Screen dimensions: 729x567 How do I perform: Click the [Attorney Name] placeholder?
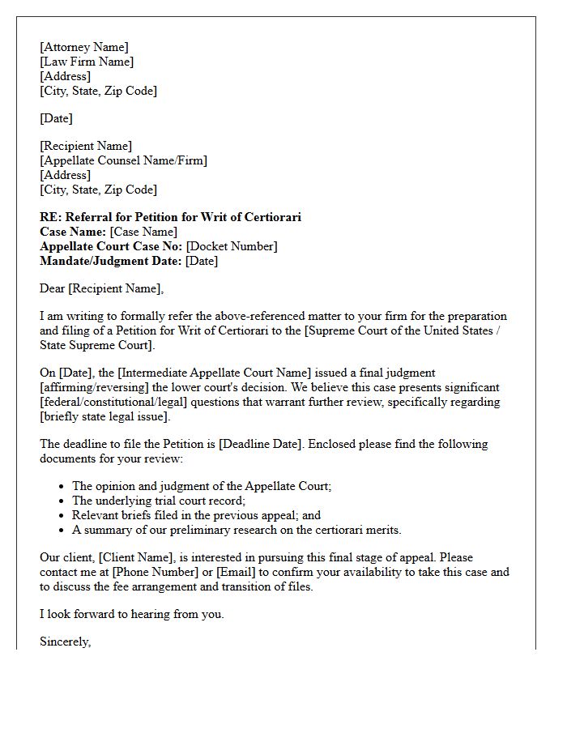coord(83,47)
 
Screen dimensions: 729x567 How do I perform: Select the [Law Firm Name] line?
coord(87,62)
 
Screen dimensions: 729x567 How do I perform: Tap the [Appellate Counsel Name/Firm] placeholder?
coord(123,160)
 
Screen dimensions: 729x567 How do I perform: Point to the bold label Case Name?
coord(73,232)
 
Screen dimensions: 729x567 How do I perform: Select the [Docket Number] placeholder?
coord(232,246)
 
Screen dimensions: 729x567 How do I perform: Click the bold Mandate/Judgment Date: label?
coord(111,261)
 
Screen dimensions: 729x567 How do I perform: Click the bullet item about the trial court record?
coord(157,501)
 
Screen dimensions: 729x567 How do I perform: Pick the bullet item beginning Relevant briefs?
coord(196,515)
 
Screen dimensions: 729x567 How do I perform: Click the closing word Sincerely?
coord(65,642)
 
